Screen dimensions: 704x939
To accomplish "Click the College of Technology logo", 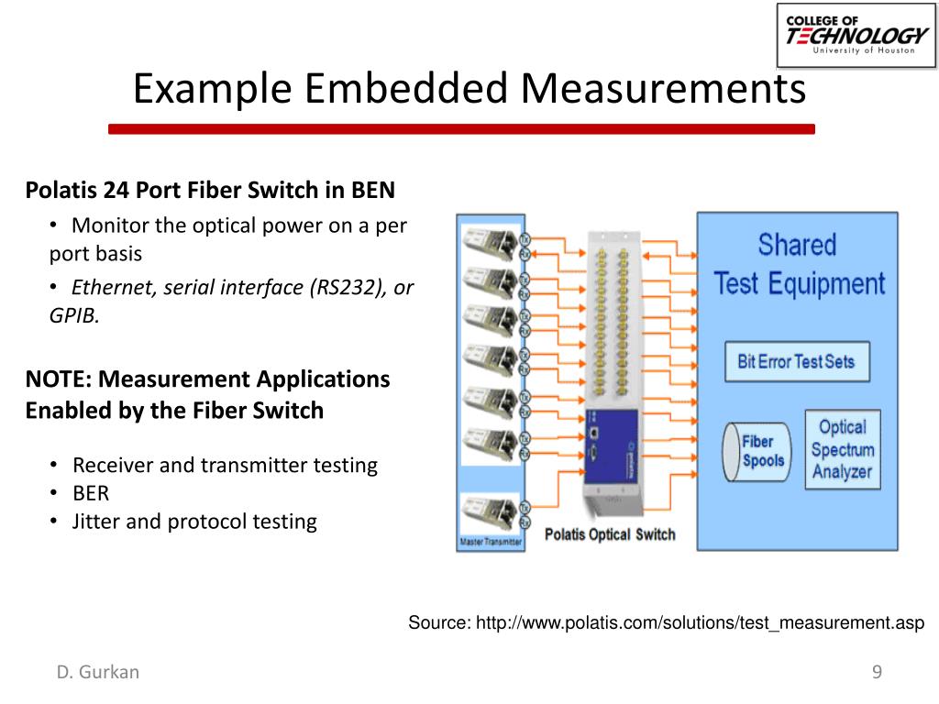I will click(856, 36).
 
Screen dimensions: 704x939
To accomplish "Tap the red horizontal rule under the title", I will click(461, 129).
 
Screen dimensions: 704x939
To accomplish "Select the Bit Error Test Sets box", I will click(796, 361).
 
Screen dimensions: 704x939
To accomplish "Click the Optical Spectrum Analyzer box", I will click(842, 449).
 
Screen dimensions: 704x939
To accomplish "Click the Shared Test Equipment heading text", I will click(799, 265).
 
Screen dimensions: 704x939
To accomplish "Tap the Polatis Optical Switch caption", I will click(610, 534).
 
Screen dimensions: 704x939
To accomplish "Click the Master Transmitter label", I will click(491, 542).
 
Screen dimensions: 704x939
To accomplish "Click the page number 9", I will click(877, 672).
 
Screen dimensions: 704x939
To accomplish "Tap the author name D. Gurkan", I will click(98, 672).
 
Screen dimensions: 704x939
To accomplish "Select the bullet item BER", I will click(91, 493).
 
